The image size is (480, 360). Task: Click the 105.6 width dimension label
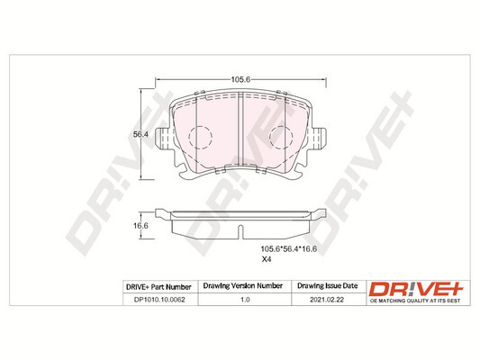tap(240, 80)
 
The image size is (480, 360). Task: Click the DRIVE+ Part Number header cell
tap(156, 286)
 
